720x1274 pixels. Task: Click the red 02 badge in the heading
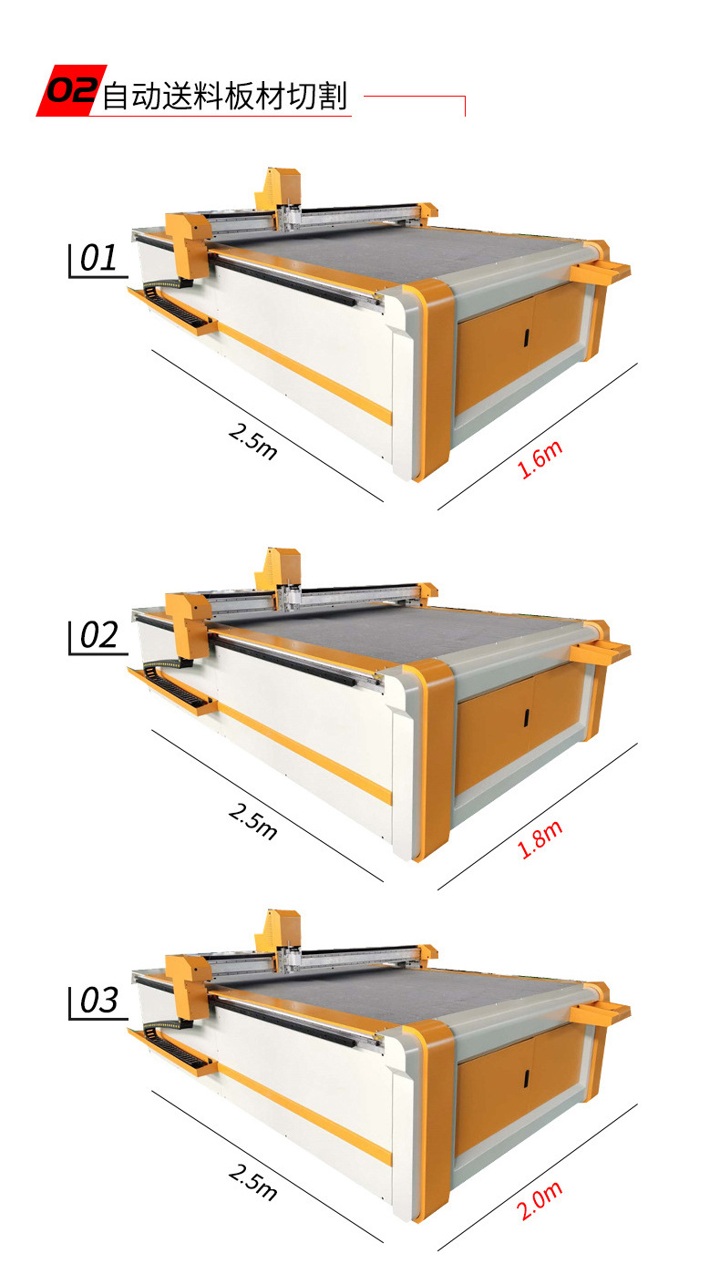(x=71, y=90)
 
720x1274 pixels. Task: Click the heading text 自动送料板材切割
(x=224, y=96)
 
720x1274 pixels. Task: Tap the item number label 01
(x=98, y=258)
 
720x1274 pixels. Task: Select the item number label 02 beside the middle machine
(x=98, y=635)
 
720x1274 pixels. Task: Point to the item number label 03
(x=98, y=1001)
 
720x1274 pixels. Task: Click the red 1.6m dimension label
(x=540, y=459)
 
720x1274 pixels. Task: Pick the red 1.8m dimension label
(x=540, y=839)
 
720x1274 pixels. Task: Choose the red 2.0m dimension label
(x=540, y=1200)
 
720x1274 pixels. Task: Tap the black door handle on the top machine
(x=527, y=337)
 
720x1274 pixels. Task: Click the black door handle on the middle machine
(x=527, y=717)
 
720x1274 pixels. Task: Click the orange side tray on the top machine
(x=600, y=271)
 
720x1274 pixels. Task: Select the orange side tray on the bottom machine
(x=600, y=1012)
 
